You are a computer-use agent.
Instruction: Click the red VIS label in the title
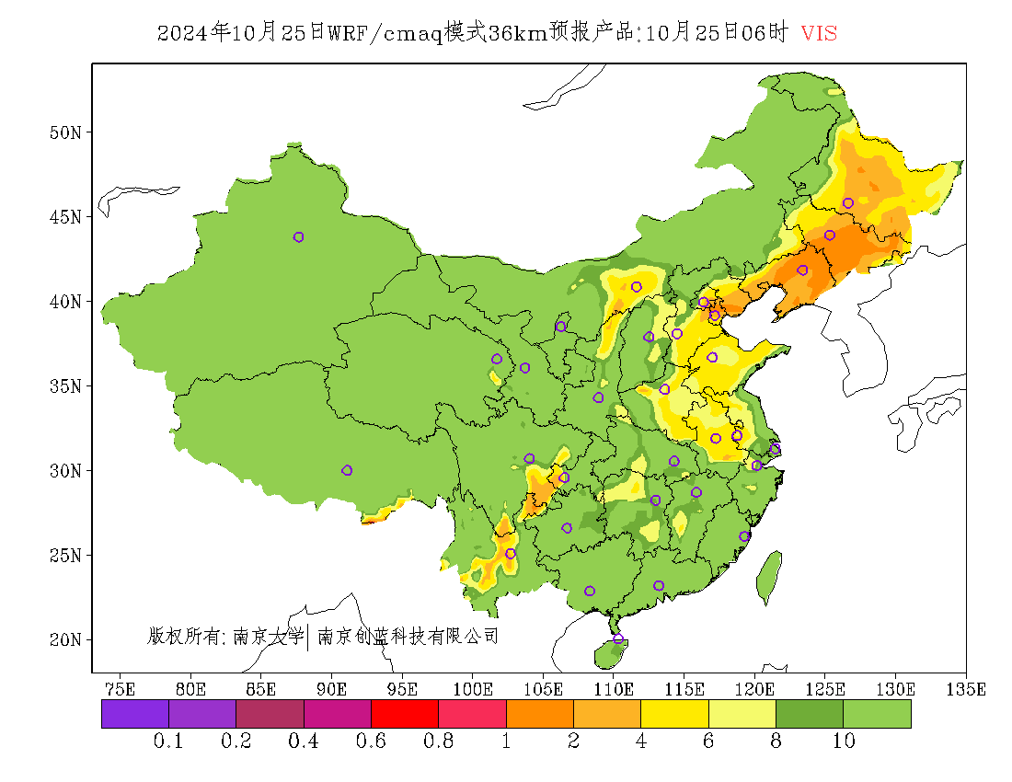819,34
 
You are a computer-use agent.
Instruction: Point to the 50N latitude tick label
64,132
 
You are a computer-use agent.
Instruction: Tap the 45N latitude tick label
64,217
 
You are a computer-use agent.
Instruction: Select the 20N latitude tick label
64,639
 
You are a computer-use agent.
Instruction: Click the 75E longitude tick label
120,689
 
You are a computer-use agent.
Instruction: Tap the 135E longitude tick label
966,689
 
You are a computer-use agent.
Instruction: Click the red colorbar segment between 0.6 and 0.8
405,714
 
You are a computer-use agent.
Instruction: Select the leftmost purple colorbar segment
135,714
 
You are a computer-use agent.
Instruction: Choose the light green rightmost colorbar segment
878,714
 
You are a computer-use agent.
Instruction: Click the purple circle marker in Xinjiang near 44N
298,237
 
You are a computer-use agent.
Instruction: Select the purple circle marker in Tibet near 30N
347,470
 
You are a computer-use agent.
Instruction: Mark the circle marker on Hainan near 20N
618,638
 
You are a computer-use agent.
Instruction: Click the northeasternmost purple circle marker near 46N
848,203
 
